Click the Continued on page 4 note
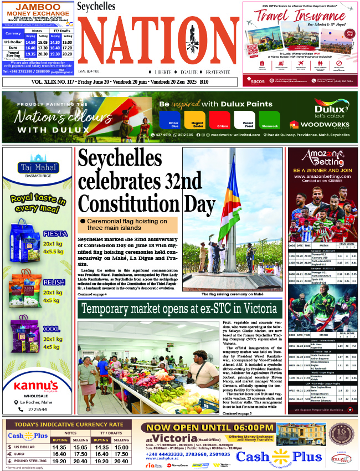(93, 295)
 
